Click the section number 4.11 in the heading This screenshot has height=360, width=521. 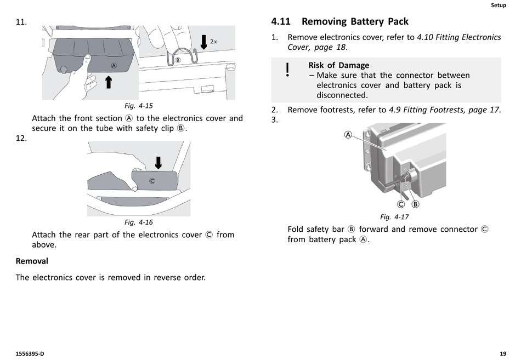(x=283, y=22)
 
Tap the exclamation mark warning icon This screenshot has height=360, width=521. (x=287, y=71)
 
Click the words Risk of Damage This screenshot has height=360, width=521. (x=338, y=65)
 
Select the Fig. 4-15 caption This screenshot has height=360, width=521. (x=138, y=105)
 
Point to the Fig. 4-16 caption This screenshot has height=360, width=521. (x=138, y=222)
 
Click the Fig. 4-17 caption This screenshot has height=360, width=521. (x=394, y=217)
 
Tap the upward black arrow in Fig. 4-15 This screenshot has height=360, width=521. (x=109, y=82)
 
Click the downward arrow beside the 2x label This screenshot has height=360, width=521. (x=204, y=42)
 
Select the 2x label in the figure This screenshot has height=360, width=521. (x=213, y=42)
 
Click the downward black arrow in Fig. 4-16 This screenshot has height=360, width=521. (x=158, y=162)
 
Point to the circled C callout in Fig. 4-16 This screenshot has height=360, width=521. (x=152, y=181)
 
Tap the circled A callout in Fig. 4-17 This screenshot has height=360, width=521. (x=348, y=135)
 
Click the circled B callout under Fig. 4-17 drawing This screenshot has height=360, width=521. (x=415, y=204)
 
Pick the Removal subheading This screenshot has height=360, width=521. (x=32, y=261)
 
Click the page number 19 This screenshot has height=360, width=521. (x=503, y=354)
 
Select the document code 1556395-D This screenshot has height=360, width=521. (x=30, y=354)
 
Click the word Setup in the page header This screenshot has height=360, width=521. (x=498, y=5)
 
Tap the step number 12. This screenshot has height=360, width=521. (x=21, y=138)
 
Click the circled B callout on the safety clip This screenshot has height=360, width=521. (x=178, y=59)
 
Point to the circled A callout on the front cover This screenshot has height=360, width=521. (x=114, y=66)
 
